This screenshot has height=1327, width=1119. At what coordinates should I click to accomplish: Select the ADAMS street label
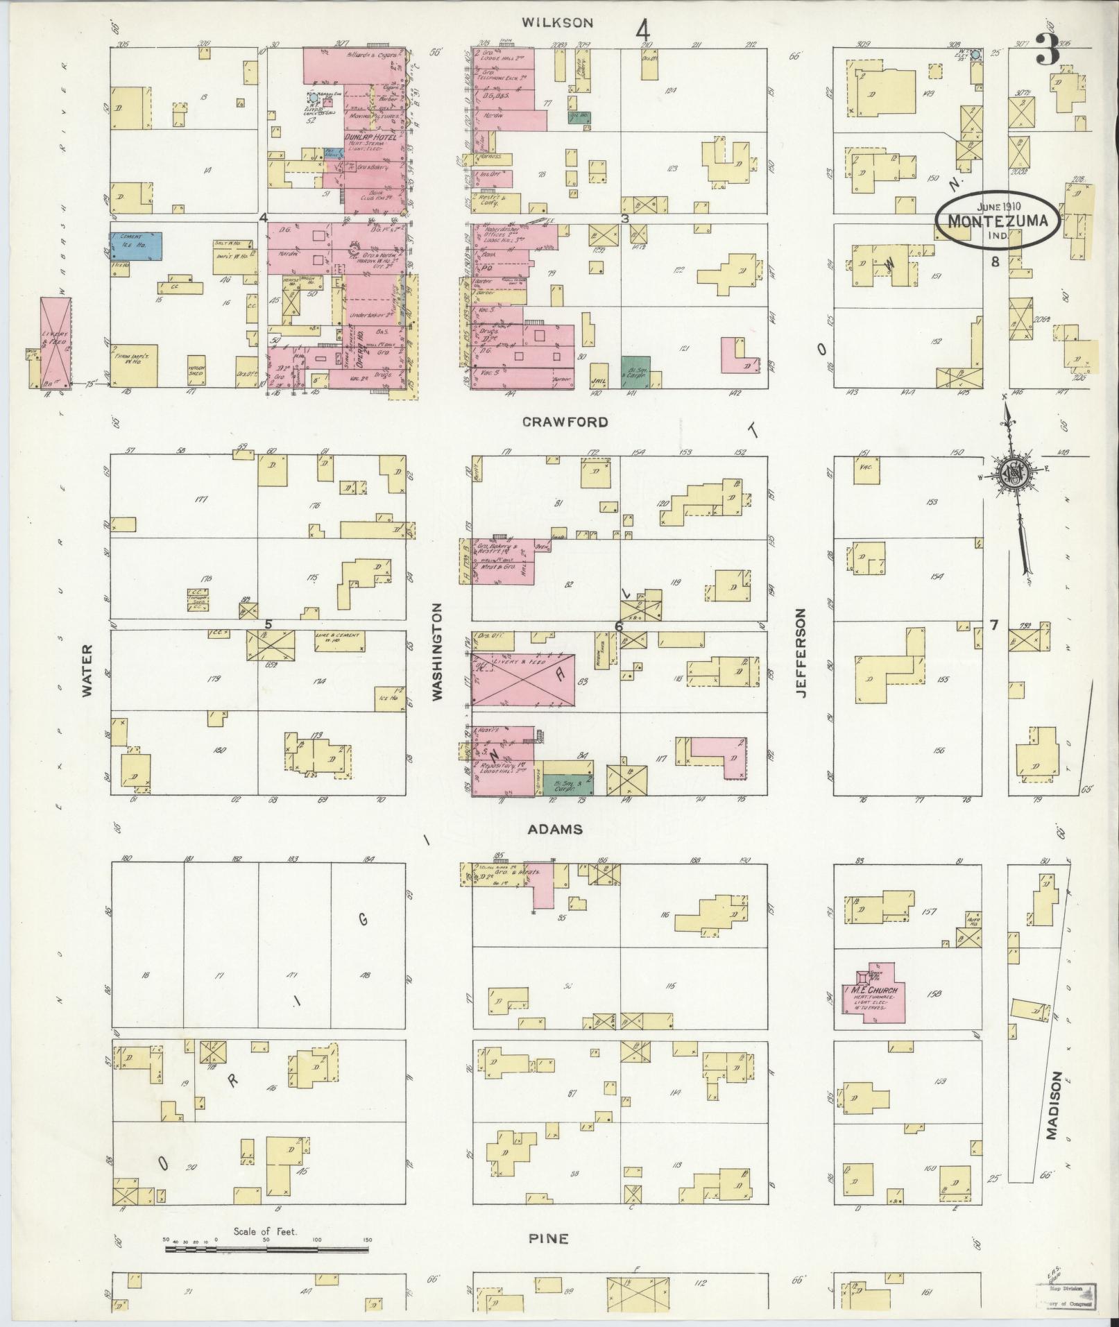click(x=564, y=830)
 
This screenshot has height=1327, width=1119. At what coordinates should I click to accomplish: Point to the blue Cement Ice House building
click(x=135, y=246)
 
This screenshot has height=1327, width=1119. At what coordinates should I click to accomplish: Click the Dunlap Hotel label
click(x=367, y=138)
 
